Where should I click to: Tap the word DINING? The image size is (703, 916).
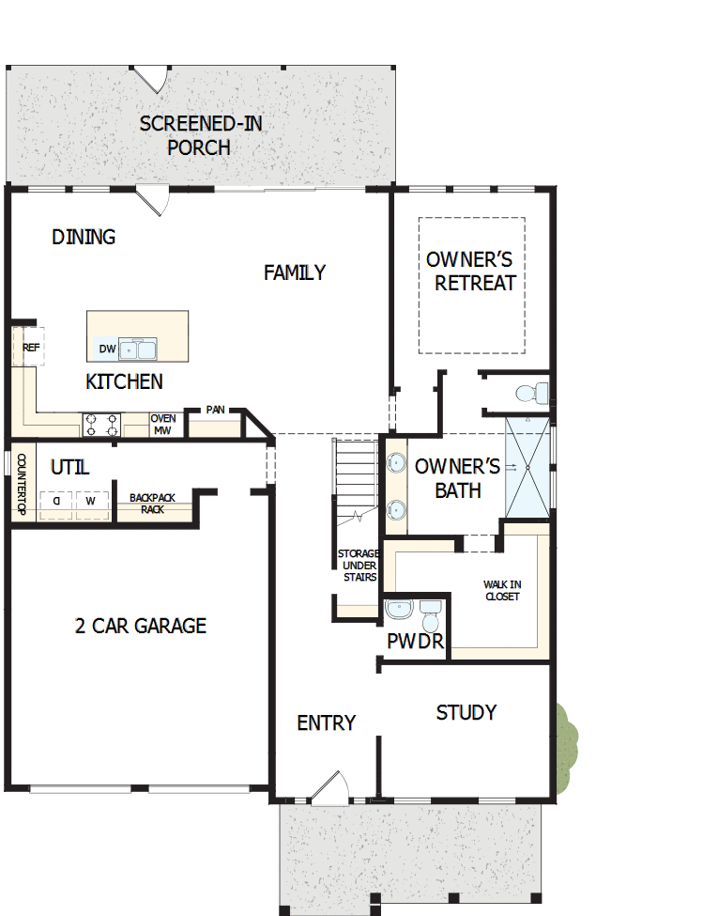pos(84,237)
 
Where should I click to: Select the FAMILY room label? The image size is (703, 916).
pos(295,272)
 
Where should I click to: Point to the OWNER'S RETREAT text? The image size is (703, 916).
pos(470,271)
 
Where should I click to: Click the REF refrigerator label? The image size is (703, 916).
pos(31,347)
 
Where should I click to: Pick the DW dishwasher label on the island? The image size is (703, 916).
pos(107,349)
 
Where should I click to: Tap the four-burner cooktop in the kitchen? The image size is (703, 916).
pos(102,426)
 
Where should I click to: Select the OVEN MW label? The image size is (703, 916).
pos(162,425)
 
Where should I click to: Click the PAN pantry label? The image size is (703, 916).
pos(215,411)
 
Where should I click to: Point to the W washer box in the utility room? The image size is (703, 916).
pos(91,502)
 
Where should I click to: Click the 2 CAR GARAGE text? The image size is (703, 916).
pos(141,626)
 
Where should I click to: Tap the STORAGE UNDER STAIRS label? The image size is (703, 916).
pos(358,566)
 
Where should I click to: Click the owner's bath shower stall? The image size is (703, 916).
pos(527,466)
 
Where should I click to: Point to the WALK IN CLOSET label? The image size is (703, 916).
pos(502,590)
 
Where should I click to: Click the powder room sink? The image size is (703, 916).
pos(398,610)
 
